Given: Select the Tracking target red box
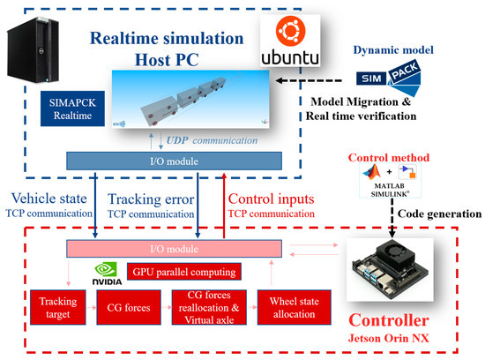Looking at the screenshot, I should (60, 309).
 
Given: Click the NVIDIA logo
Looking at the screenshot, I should (105, 272).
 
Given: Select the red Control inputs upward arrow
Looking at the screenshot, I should (223, 208).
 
